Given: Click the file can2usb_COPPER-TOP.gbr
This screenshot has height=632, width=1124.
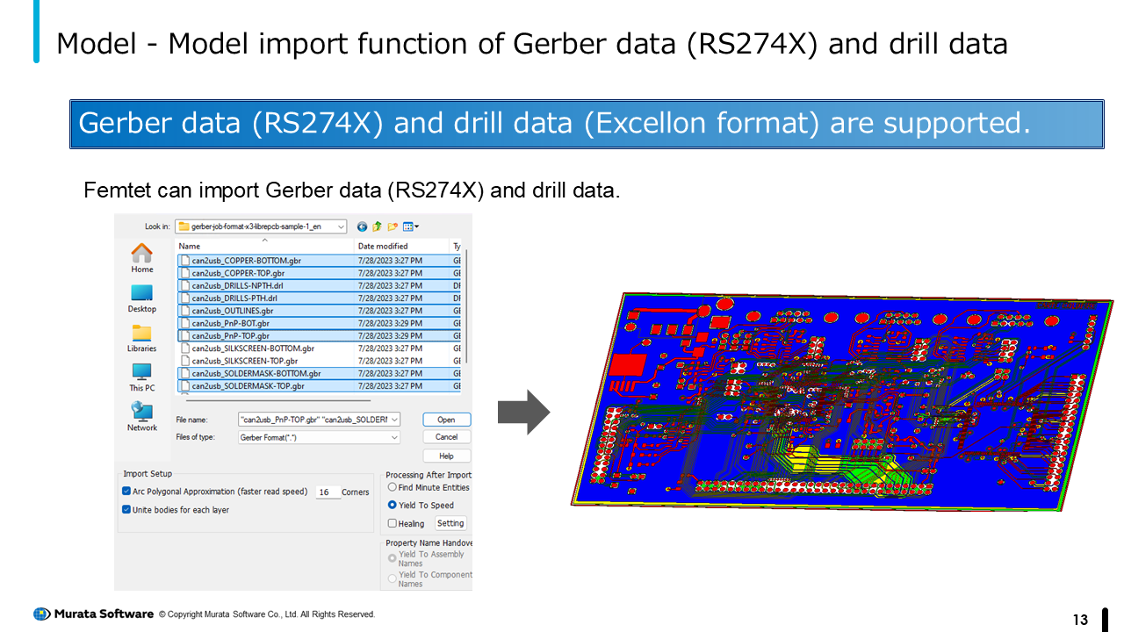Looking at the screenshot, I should (x=238, y=273).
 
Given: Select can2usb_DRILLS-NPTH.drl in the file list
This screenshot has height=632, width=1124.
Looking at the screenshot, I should (x=237, y=285).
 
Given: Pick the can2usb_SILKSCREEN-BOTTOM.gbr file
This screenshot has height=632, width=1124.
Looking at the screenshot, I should (x=253, y=348).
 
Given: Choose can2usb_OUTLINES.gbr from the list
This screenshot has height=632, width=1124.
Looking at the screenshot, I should (x=233, y=311).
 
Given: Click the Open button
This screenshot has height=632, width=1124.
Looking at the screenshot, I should (x=446, y=420).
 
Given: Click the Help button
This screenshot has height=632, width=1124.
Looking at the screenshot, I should (x=446, y=456).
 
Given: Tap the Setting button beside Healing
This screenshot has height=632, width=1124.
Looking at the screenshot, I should (x=450, y=523).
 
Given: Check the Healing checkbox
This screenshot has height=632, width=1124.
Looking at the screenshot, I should (x=393, y=523).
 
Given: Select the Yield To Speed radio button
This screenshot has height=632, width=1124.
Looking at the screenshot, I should (x=393, y=505).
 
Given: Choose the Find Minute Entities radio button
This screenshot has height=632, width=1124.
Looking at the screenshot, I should (x=393, y=487).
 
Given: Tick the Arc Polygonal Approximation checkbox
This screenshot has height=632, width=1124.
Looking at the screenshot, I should (x=126, y=492).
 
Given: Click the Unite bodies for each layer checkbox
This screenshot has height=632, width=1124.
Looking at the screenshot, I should (x=126, y=509).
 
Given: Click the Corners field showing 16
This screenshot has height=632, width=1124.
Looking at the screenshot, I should (x=327, y=492).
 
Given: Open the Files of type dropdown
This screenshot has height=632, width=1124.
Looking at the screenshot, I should (x=394, y=437).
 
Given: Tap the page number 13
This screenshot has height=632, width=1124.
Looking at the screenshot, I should (x=1080, y=620).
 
